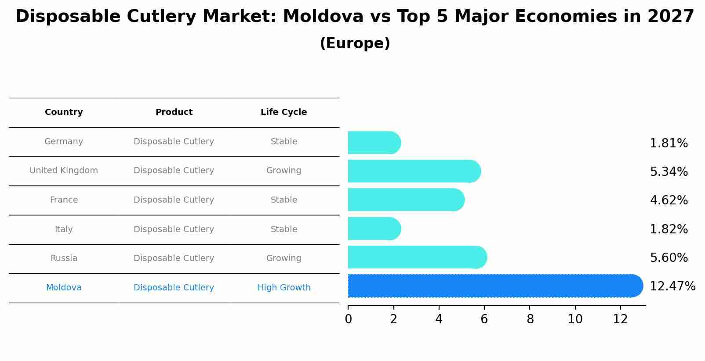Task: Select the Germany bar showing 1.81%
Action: pyautogui.click(x=374, y=143)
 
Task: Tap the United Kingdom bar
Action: pyautogui.click(x=413, y=171)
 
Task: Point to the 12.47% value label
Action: pyautogui.click(x=672, y=286)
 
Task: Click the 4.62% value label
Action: pyautogui.click(x=669, y=200)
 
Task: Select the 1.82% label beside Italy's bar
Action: pyautogui.click(x=669, y=229)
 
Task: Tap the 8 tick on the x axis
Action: pyautogui.click(x=530, y=319)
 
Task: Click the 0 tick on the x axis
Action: pyautogui.click(x=348, y=319)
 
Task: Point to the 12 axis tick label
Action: pyautogui.click(x=620, y=319)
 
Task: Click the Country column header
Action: pyautogui.click(x=64, y=112)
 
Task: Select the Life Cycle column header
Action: pyautogui.click(x=283, y=112)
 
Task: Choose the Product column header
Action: pyautogui.click(x=174, y=112)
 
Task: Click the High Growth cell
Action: pyautogui.click(x=284, y=288)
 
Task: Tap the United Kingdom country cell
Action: pyautogui.click(x=64, y=171)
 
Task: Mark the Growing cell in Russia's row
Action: pyautogui.click(x=283, y=258)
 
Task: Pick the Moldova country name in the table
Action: pyautogui.click(x=64, y=288)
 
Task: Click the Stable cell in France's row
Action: pyautogui.click(x=283, y=200)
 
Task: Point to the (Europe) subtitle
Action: pyautogui.click(x=355, y=43)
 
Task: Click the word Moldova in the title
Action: pyautogui.click(x=323, y=17)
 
